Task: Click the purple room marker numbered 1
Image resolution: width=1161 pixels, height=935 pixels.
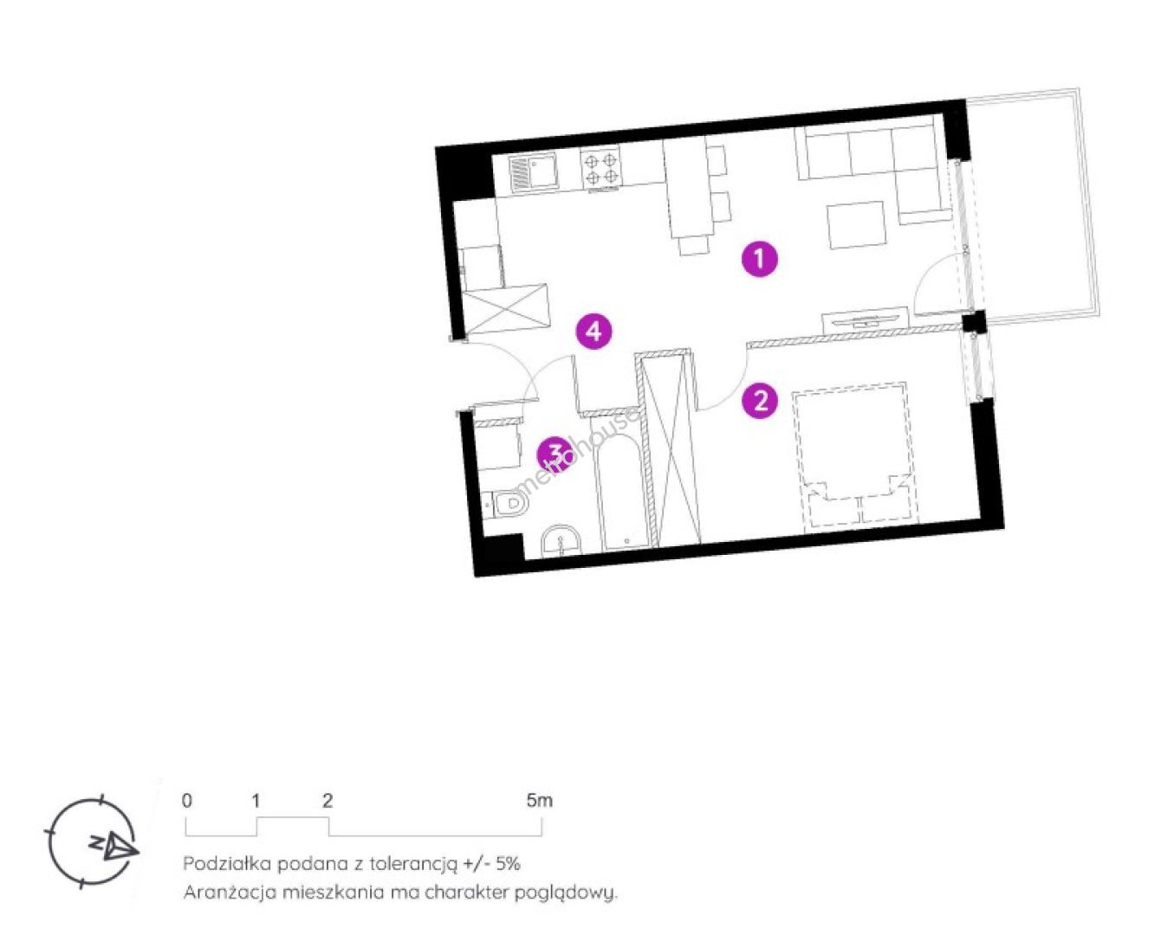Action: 760,260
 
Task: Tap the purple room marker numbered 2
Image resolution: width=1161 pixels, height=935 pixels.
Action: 760,401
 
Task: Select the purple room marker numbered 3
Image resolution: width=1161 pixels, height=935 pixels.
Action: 554,455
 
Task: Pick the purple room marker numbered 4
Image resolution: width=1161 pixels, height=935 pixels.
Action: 593,331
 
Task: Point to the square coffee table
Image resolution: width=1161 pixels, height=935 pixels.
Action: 857,225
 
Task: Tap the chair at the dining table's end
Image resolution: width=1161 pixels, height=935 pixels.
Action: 693,246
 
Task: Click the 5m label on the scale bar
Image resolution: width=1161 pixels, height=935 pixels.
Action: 540,801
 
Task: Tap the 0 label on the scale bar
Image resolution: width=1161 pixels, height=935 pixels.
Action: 186,801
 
